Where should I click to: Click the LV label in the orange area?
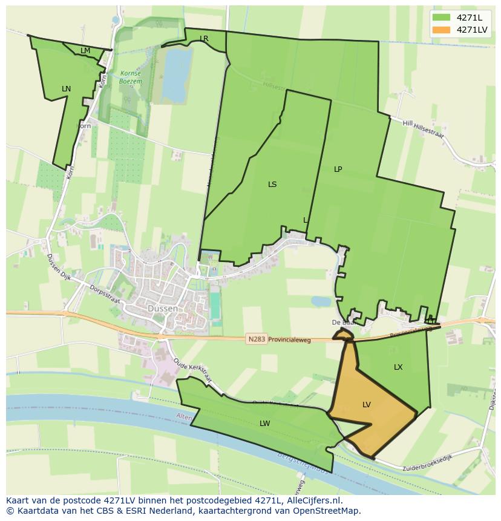tap(366, 405)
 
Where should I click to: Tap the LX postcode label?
tap(398, 367)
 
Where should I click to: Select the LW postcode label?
tap(264, 424)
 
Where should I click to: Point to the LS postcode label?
tap(272, 185)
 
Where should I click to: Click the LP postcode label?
tap(338, 169)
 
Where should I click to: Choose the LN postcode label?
tap(66, 89)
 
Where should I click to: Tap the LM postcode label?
tap(85, 51)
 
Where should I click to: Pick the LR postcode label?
tap(204, 39)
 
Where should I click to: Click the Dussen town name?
tap(163, 309)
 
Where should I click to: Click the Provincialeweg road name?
tap(289, 340)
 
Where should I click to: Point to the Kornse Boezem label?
tap(129, 76)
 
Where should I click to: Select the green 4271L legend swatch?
tap(442, 18)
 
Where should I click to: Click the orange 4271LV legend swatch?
tap(442, 30)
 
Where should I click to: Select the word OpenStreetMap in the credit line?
tap(327, 511)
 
